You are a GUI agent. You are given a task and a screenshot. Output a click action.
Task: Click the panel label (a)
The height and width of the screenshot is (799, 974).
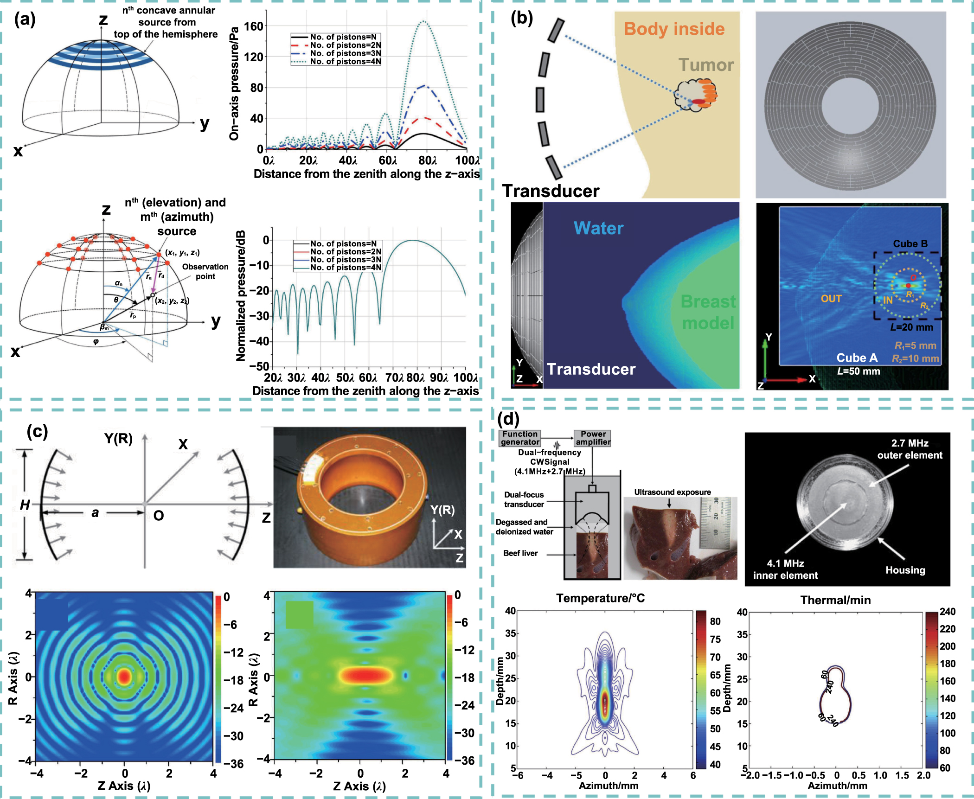25,19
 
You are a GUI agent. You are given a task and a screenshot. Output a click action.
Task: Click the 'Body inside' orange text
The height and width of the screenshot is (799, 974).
674,29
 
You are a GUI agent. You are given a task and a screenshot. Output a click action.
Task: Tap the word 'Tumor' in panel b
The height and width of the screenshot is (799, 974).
706,65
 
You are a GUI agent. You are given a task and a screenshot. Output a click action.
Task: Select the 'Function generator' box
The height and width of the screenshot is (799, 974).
520,438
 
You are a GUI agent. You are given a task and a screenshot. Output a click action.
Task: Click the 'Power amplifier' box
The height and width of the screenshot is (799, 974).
593,438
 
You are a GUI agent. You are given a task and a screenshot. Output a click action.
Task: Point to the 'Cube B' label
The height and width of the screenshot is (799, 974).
910,244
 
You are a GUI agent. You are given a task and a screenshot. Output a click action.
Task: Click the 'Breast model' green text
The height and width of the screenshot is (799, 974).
708,312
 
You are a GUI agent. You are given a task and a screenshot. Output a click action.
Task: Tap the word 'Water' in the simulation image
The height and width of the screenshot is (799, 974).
598,228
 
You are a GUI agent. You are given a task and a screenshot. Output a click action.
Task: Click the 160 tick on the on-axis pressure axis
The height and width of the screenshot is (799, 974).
254,26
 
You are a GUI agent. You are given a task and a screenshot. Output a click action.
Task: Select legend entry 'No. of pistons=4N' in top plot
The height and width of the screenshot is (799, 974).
345,61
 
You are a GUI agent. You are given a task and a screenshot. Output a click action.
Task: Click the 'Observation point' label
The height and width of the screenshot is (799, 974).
205,271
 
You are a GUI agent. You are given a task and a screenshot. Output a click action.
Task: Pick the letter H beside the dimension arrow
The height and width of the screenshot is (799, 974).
25,505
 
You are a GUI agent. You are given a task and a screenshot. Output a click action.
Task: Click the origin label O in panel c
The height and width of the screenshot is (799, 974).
158,516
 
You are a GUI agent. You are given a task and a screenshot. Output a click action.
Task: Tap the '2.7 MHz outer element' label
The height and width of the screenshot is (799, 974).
910,449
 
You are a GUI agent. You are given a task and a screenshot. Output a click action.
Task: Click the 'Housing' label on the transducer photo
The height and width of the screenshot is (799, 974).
905,570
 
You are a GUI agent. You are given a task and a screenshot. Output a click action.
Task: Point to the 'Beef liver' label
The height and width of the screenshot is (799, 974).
520,553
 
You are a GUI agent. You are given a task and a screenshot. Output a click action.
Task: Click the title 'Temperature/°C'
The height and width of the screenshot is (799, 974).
600,598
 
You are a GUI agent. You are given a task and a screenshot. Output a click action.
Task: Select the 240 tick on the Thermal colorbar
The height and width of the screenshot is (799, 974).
947,612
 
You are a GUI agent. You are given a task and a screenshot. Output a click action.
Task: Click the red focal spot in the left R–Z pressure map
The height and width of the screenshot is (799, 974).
124,677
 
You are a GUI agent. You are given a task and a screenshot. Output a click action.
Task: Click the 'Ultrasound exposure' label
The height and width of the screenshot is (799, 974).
672,492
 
